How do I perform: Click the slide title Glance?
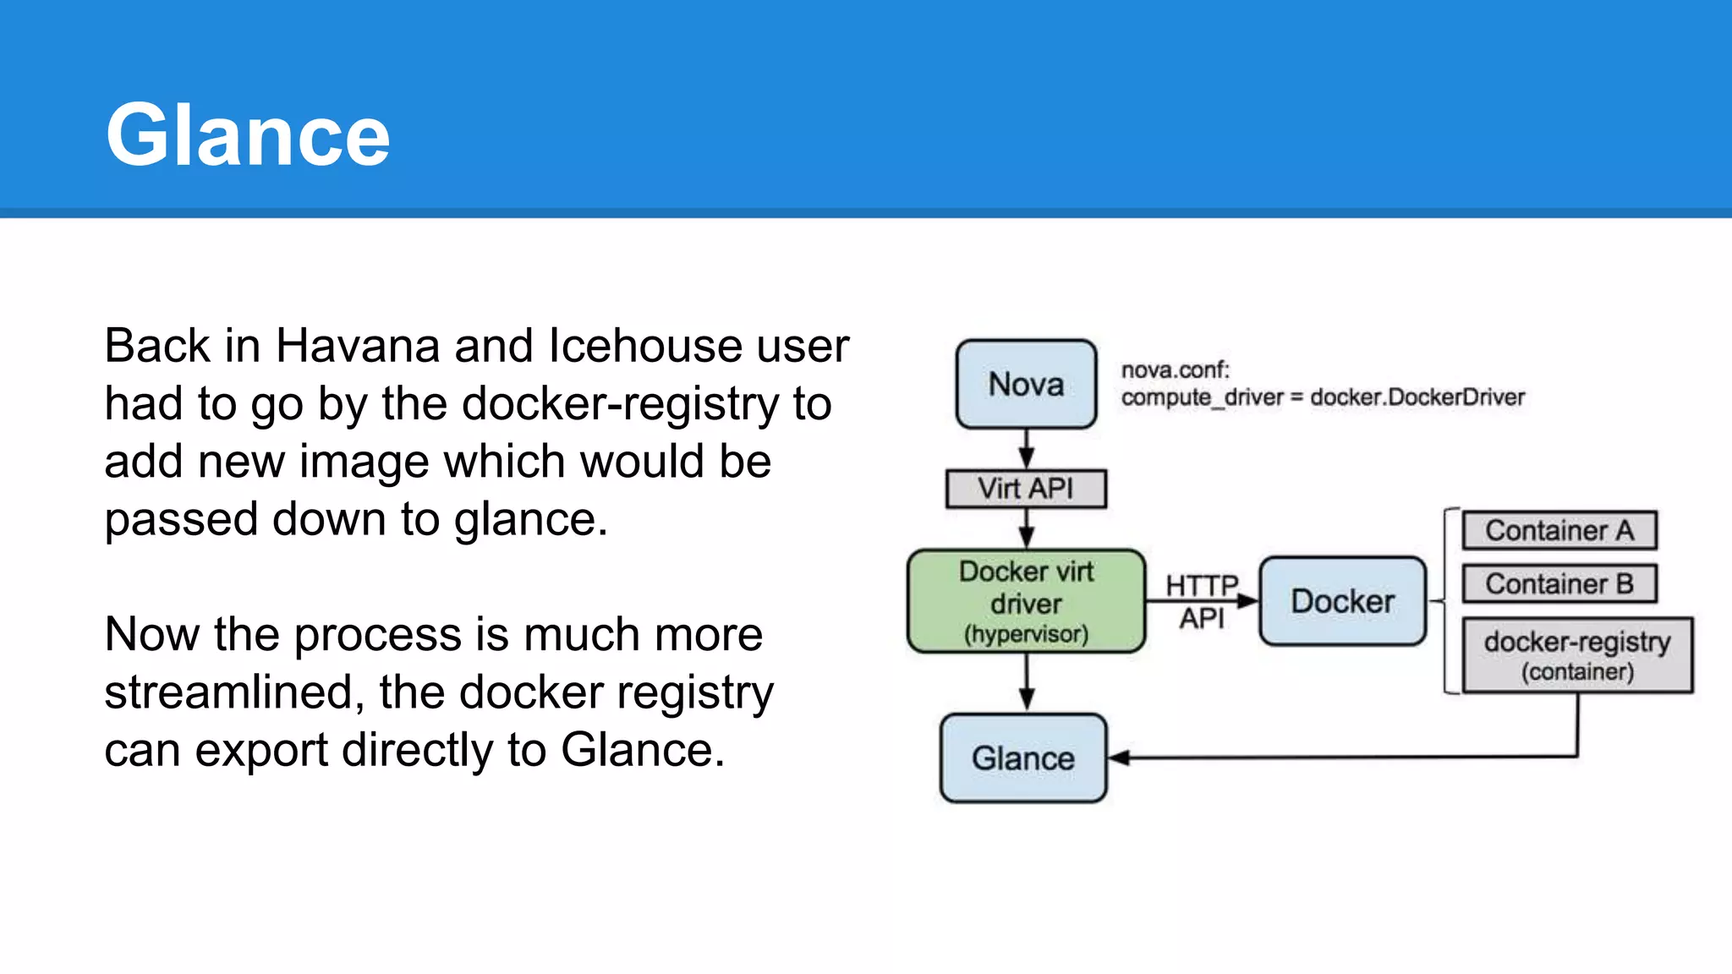(247, 135)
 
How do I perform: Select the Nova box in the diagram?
(1026, 385)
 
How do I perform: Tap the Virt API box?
(1026, 489)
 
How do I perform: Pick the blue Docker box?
(1342, 601)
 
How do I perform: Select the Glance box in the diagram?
(1023, 758)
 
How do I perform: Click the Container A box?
(1559, 530)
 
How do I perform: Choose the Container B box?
(1559, 583)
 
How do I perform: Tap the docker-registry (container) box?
(1577, 655)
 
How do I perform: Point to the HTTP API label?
(1202, 601)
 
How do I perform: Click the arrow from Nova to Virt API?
(1026, 449)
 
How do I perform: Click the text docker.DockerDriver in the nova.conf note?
(1417, 397)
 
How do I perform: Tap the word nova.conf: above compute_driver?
(1176, 370)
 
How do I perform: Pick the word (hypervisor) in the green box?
(1026, 634)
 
